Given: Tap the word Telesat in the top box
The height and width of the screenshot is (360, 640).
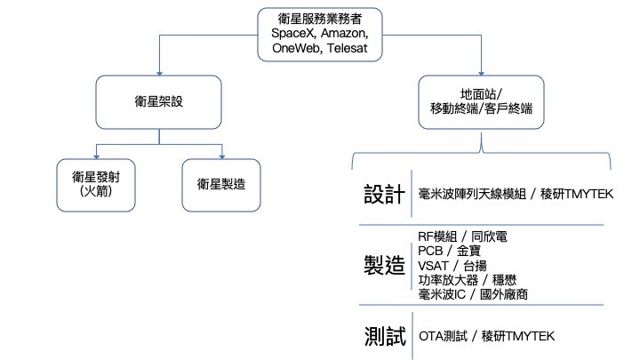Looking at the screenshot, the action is coord(347,48).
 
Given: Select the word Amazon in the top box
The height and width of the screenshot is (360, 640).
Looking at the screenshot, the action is coord(344,33).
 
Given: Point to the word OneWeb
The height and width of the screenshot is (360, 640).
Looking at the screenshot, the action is coord(297,48).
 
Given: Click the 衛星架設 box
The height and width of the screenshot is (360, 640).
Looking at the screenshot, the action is coord(159,102).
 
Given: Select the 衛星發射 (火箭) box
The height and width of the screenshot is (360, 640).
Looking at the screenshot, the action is coord(96,185).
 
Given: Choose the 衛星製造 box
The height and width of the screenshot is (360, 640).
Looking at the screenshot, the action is coord(221,185).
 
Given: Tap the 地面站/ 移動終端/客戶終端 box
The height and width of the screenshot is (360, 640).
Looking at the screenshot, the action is coord(481,102).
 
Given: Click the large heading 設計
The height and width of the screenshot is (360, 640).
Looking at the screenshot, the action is coord(385,194).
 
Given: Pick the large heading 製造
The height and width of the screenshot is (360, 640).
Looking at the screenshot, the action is coord(385,265).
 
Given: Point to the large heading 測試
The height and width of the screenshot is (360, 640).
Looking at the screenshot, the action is coord(385,336).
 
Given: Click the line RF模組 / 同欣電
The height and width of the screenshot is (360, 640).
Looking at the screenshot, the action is coord(462,236).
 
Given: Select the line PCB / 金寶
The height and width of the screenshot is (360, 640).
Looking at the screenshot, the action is coord(450,251).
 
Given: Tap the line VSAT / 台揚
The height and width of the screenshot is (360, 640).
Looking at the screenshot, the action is coord(452,266).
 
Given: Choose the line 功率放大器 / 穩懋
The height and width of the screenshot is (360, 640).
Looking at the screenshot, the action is coord(468,280).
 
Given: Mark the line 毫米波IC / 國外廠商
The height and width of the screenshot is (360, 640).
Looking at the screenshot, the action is coord(473,294).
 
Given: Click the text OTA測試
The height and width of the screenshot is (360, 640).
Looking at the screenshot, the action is coord(444,336).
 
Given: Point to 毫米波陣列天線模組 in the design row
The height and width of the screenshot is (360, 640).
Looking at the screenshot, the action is coord(472,194).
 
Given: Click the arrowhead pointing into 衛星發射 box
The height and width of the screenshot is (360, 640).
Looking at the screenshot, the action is coord(96,156).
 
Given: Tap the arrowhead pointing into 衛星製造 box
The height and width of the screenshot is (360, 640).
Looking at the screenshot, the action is coord(222,156).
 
